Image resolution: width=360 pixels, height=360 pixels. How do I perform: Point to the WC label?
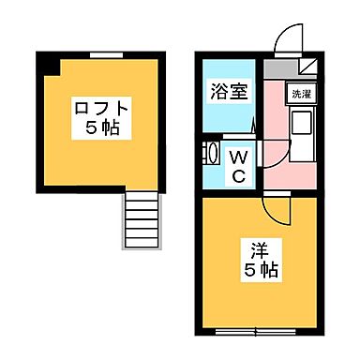pyautogui.click(x=239, y=166)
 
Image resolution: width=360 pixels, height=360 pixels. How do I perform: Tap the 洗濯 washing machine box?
pyautogui.click(x=300, y=95)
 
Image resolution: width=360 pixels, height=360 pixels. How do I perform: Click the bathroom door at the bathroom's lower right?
pyautogui.click(x=255, y=125)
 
